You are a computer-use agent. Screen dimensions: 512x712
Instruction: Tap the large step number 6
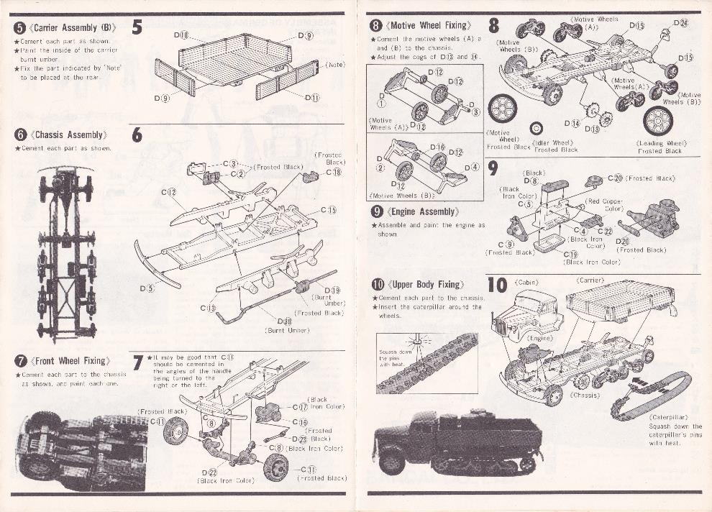(x=137, y=134)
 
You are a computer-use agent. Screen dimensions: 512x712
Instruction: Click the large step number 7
(x=137, y=362)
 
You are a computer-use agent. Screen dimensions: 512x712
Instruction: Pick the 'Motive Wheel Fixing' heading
(x=427, y=26)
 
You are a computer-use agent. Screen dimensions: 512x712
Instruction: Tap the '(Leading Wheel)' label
(x=660, y=143)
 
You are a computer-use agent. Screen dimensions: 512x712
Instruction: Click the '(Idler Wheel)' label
(x=552, y=142)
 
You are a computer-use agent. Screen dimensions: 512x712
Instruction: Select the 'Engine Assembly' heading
(x=423, y=211)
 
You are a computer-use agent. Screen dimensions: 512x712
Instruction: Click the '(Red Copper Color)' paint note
(x=605, y=205)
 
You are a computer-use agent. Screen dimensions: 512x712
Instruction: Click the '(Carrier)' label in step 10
(x=591, y=279)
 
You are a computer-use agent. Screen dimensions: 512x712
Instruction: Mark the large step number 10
(x=497, y=285)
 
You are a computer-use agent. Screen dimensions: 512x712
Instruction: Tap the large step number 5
(x=137, y=27)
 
